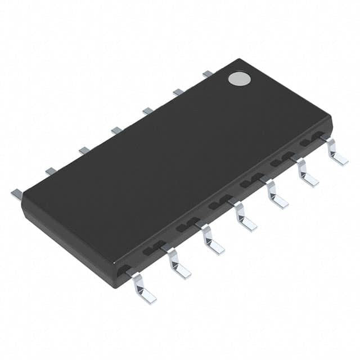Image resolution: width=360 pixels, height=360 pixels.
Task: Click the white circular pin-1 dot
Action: tap(239, 78)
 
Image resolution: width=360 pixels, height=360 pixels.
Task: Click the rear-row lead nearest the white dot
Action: tap(208, 73)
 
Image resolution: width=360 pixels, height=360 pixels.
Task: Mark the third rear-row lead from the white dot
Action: tap(148, 111)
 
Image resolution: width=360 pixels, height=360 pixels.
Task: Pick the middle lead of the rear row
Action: tap(116, 130)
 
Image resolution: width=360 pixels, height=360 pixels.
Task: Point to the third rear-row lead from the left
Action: tap(84, 150)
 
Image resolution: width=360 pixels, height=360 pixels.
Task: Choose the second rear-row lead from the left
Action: tap(51, 170)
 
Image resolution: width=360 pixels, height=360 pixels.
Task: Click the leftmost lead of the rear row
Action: tap(16, 193)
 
